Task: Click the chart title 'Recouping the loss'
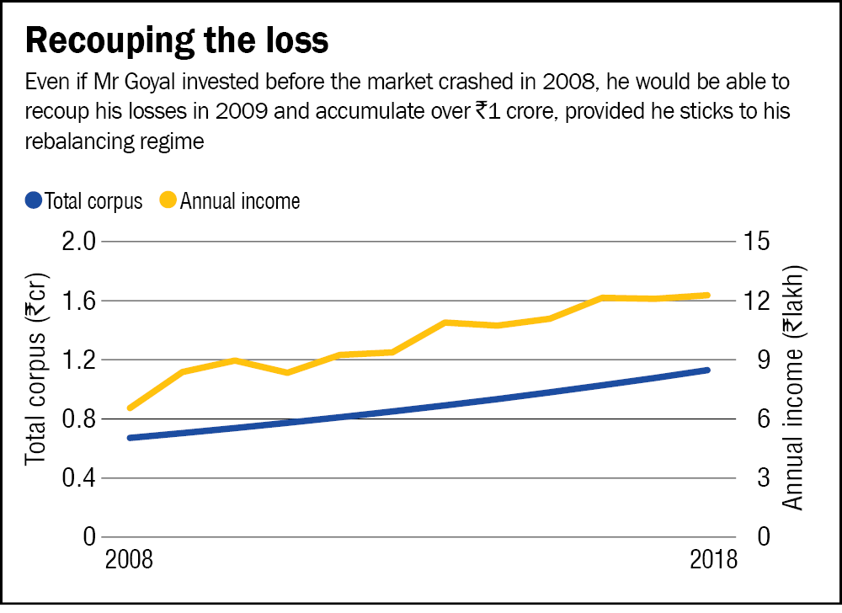(x=178, y=41)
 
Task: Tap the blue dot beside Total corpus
(x=34, y=201)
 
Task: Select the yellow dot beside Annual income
(x=168, y=201)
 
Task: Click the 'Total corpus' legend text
(x=93, y=201)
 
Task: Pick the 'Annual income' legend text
(x=240, y=201)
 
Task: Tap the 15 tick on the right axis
(x=754, y=242)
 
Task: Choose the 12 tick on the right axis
(x=754, y=301)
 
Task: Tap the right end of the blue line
(x=707, y=370)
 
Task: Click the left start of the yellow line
(x=129, y=408)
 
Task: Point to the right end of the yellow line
(x=707, y=295)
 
